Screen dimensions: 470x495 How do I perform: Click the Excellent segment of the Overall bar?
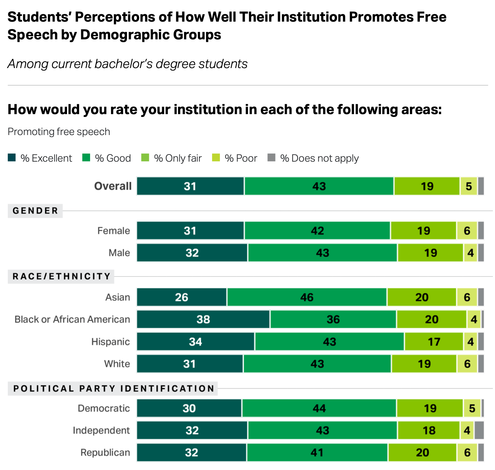pos(190,186)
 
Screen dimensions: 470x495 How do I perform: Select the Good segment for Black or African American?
pos(333,319)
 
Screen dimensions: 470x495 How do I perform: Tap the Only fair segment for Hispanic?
pos(434,342)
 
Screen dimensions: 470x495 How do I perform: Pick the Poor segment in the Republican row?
pos(467,453)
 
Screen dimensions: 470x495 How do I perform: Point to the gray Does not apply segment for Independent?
pos(479,430)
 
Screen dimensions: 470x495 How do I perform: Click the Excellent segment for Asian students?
pos(182,297)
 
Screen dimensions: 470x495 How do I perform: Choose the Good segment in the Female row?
pos(317,231)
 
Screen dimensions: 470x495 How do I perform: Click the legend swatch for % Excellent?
pos(12,158)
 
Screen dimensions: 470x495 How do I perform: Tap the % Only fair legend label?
pos(178,158)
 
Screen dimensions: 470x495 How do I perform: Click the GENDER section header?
pos(35,211)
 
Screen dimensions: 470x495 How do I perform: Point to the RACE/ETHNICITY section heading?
pos(61,276)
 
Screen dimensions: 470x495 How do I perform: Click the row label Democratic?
pos(104,408)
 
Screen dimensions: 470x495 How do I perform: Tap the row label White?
pos(117,364)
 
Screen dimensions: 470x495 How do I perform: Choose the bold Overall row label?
pos(113,186)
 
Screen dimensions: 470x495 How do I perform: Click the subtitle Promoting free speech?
pos(59,132)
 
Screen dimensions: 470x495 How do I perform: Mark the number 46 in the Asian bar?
pos(307,297)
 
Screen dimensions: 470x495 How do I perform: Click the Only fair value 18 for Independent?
pos(429,430)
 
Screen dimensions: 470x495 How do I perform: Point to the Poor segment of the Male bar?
pos(470,253)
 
